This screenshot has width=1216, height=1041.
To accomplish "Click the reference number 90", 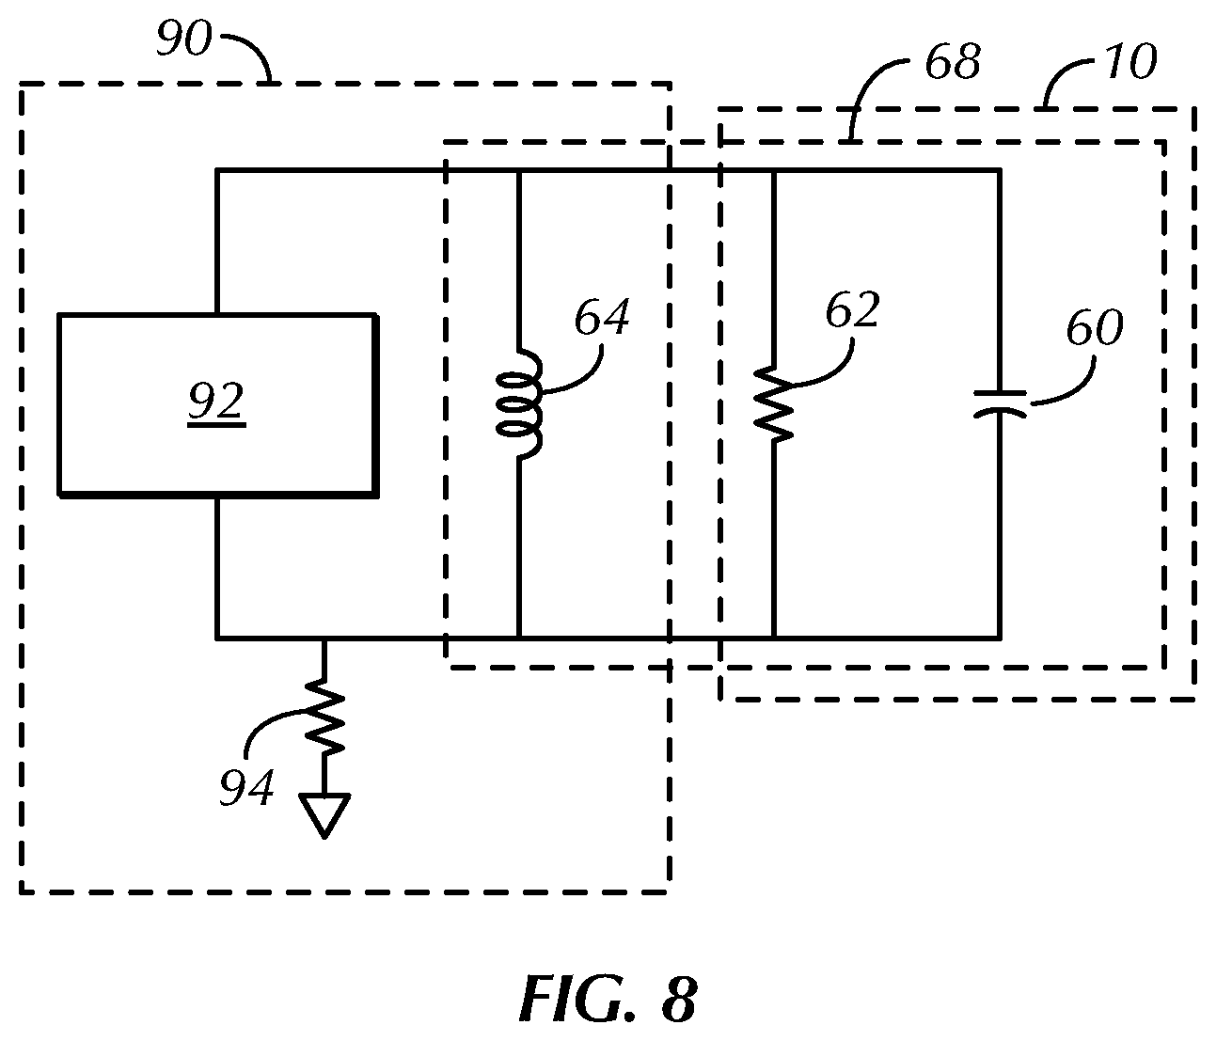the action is [184, 39].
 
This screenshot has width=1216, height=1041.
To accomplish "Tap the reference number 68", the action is [953, 62].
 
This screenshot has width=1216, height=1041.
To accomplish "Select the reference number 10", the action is [1131, 62].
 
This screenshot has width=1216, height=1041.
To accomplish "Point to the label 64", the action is [602, 318].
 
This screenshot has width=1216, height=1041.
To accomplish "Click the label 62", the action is [852, 309].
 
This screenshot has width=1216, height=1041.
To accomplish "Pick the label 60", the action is [1095, 327].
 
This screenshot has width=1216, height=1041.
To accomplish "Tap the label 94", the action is [246, 787].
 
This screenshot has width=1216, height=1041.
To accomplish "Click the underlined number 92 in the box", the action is [216, 402].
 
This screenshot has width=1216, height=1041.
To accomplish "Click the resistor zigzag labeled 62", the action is [774, 404].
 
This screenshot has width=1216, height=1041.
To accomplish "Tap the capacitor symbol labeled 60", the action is [1000, 404].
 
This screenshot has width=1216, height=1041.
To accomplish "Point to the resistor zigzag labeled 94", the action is [324, 717].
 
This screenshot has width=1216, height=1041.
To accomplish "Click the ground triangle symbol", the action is [324, 815].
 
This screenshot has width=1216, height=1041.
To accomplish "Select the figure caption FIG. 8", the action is [608, 1000].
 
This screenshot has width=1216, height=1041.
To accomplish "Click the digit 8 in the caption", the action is [679, 1000].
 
